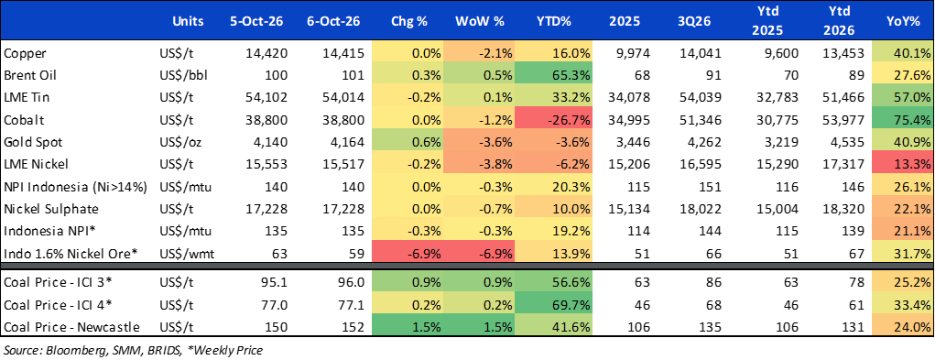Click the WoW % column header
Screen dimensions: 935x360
[480, 21]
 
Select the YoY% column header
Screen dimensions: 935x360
[904, 21]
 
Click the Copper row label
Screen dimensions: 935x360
[21, 54]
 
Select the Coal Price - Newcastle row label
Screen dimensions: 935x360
[71, 327]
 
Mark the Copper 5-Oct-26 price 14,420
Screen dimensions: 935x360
[266, 54]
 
